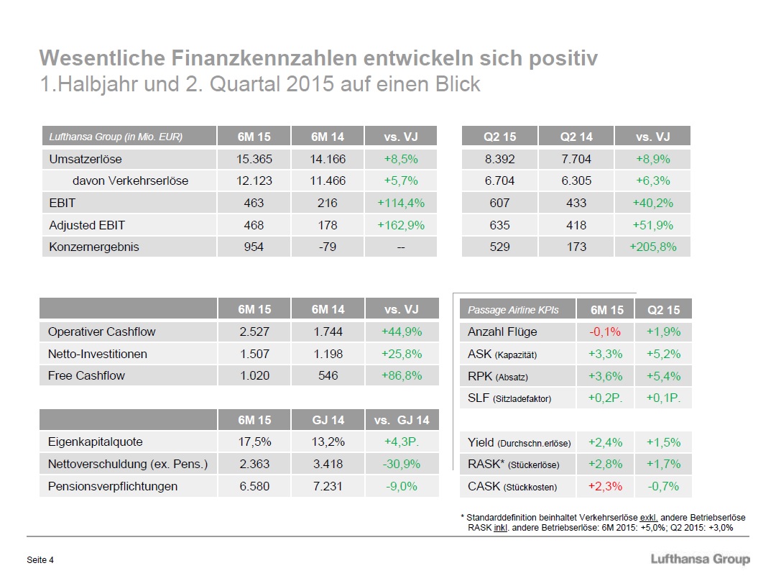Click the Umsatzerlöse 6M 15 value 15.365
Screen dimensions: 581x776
[x=254, y=158]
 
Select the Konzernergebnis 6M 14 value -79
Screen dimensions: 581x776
[x=328, y=247]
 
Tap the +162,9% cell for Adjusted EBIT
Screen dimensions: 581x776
[x=401, y=225]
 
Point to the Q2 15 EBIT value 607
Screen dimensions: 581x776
[x=499, y=203]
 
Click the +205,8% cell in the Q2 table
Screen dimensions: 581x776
[x=653, y=247]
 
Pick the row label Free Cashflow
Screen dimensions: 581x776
[x=86, y=375]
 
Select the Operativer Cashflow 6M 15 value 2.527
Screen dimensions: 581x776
[x=254, y=331]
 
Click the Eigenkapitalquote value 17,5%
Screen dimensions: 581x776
[x=254, y=442]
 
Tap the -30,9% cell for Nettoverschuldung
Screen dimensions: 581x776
[x=401, y=464]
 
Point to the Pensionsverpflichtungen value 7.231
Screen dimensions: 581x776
[x=328, y=486]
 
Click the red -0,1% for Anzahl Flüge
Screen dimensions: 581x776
[x=605, y=331]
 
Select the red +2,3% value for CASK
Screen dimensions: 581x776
[x=605, y=486]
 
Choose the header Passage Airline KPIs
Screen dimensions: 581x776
[x=512, y=310]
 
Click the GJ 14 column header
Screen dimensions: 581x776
[x=328, y=420]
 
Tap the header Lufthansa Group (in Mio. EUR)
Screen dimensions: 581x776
[x=115, y=137]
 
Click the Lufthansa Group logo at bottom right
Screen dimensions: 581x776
[x=699, y=559]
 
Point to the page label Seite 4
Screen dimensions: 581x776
[x=40, y=560]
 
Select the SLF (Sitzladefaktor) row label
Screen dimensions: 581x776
[x=509, y=398]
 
